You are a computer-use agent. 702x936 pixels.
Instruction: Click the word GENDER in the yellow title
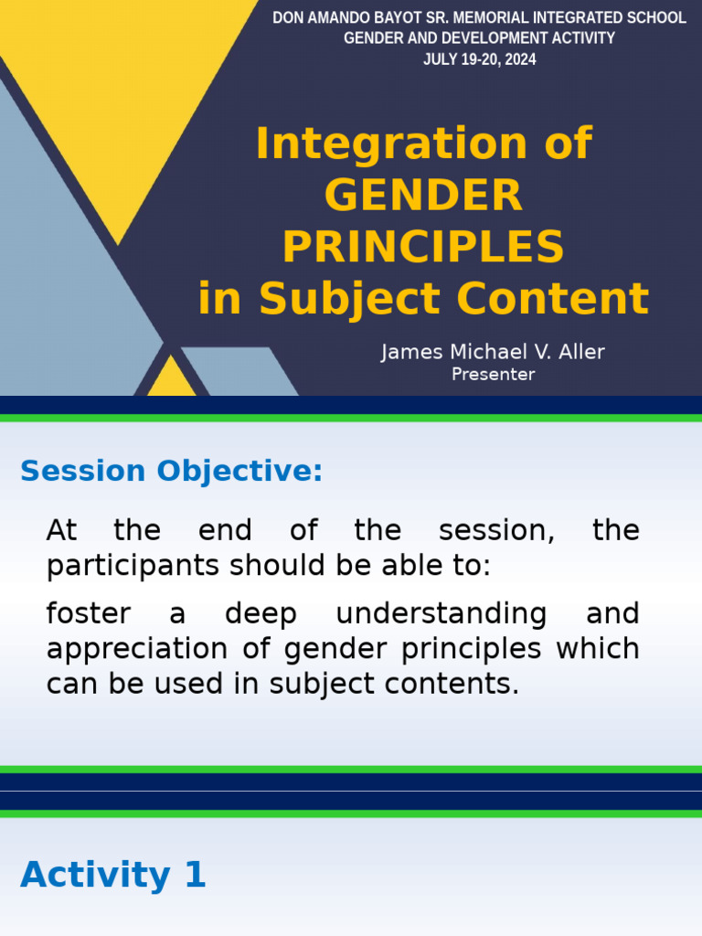tap(423, 196)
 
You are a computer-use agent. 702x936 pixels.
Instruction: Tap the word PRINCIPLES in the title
tap(423, 247)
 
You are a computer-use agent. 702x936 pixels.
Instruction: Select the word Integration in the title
tap(391, 144)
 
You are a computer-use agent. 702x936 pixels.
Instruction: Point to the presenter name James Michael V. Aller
tap(493, 352)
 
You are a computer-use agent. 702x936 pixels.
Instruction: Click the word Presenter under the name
tap(493, 374)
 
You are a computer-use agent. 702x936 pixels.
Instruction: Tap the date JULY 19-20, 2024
tap(479, 59)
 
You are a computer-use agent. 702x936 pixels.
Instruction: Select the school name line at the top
tap(479, 18)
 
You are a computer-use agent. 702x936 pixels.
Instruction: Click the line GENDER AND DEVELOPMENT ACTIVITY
tap(479, 38)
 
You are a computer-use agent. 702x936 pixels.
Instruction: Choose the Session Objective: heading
tap(171, 471)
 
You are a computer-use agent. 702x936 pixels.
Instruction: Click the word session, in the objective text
tap(496, 530)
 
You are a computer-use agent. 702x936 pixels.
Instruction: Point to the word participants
tap(133, 566)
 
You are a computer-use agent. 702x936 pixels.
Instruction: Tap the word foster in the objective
tap(89, 613)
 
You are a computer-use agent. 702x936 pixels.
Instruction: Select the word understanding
tap(441, 614)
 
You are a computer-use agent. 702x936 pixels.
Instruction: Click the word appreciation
tap(137, 650)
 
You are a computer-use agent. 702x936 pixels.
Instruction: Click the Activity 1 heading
tap(113, 875)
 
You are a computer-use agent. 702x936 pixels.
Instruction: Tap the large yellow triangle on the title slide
tap(120, 90)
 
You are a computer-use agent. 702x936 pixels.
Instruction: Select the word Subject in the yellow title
tap(349, 298)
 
